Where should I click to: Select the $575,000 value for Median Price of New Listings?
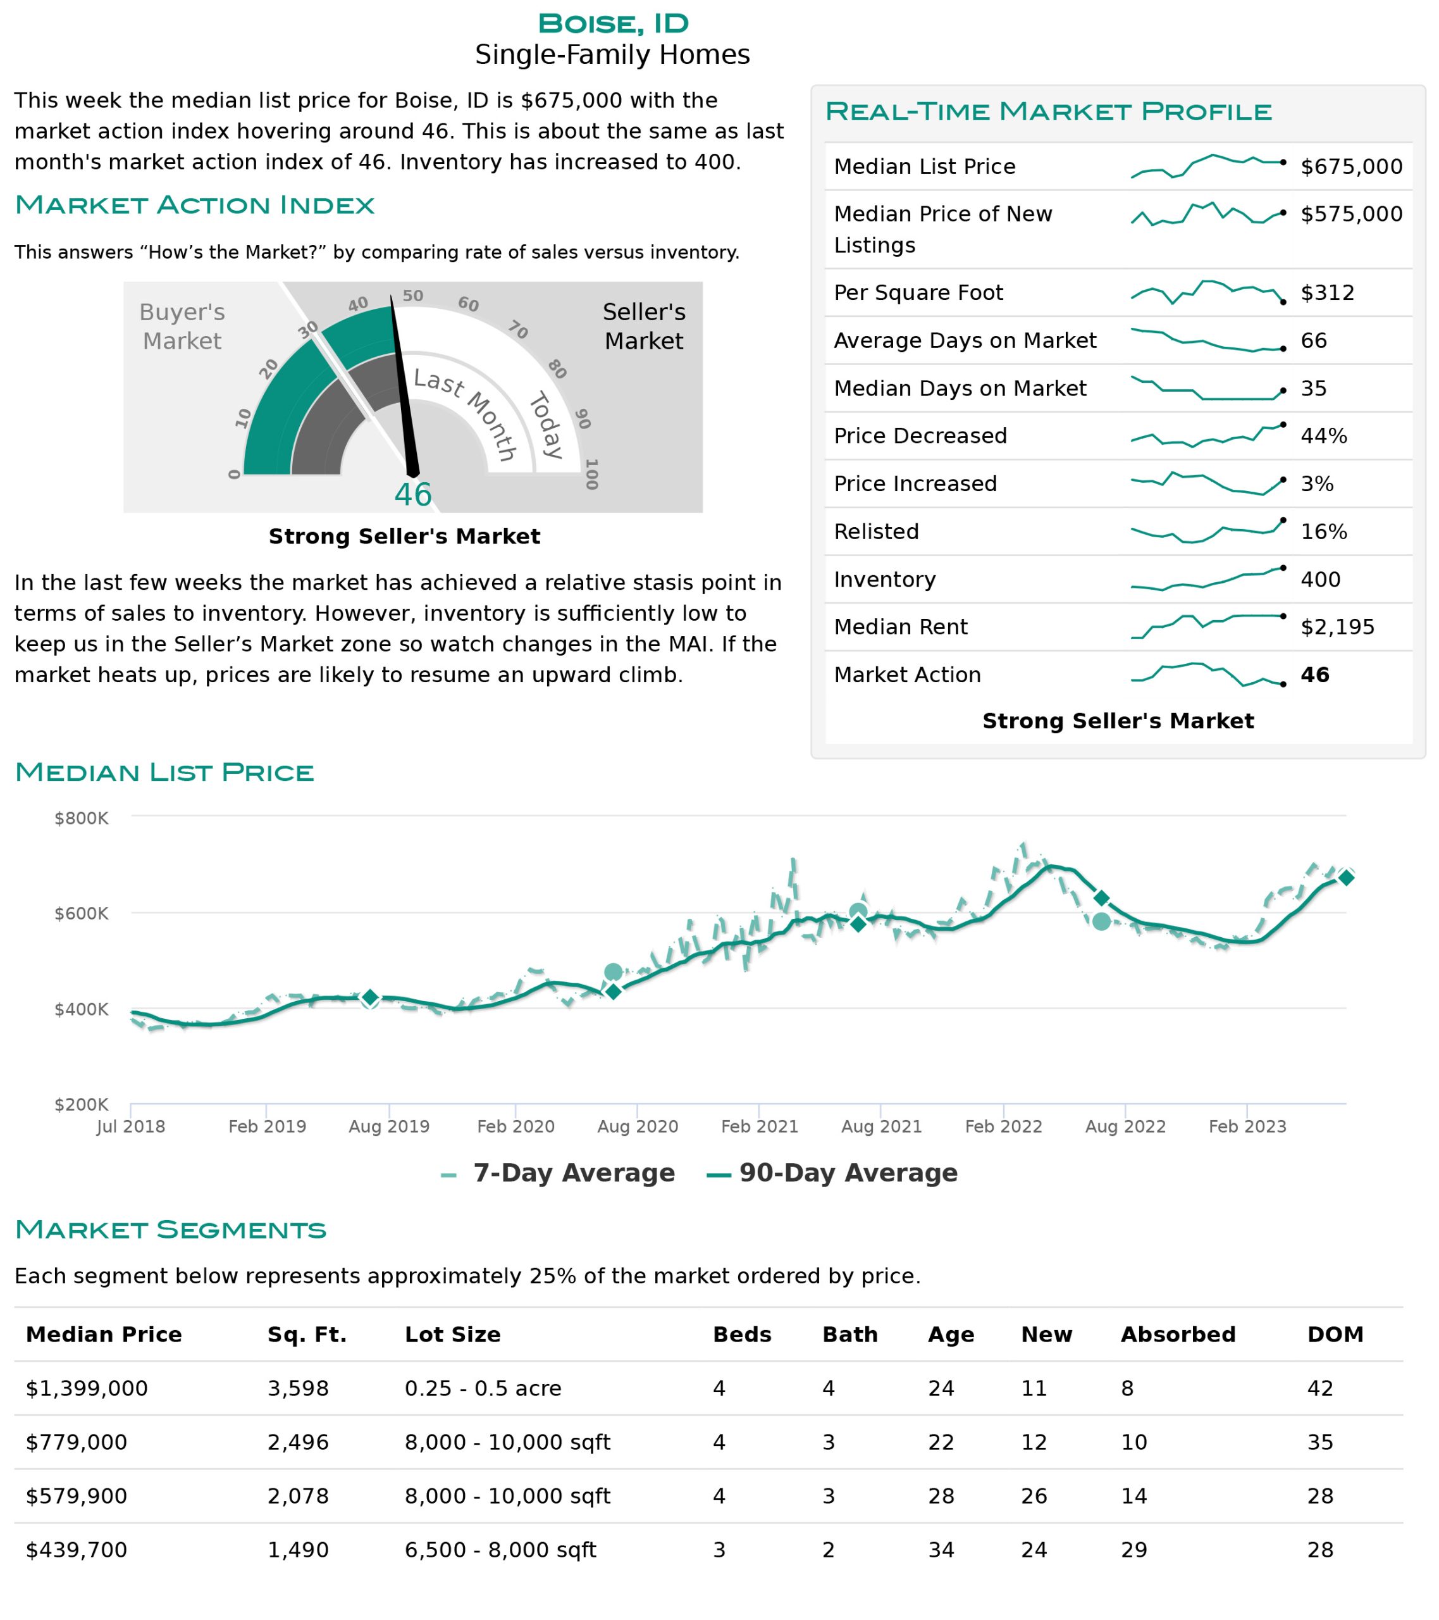[1351, 214]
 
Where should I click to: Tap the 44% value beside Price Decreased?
[1323, 436]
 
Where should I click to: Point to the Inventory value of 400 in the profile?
[1320, 580]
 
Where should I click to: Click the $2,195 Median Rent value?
[1338, 627]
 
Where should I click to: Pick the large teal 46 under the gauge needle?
[413, 495]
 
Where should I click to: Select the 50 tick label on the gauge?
[413, 296]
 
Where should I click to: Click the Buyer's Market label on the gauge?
[182, 327]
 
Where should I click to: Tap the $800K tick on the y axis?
[81, 818]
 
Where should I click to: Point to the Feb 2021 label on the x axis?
[759, 1126]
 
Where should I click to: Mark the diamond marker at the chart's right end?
[1345, 877]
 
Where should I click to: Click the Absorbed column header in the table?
[1178, 1335]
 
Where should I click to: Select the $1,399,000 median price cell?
[87, 1388]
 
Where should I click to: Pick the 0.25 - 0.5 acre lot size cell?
[483, 1388]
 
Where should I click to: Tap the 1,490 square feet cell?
[298, 1550]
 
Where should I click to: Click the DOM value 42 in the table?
[1320, 1388]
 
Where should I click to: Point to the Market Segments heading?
[170, 1230]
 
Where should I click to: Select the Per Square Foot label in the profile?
[918, 293]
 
